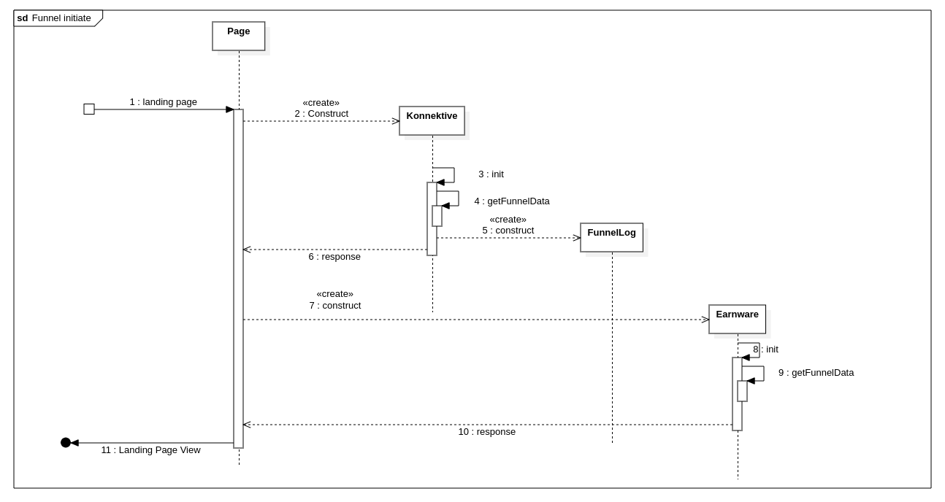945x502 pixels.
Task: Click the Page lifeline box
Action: tap(239, 36)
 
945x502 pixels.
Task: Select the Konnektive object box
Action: tap(432, 120)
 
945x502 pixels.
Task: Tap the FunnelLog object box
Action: tap(611, 237)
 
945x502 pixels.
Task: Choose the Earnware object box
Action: tap(737, 319)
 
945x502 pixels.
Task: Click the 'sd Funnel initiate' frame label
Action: tap(55, 18)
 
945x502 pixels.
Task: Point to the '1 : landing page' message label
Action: tap(163, 102)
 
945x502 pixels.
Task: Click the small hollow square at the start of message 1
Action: tap(89, 109)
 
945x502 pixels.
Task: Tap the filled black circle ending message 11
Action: tap(66, 443)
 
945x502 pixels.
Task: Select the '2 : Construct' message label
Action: tap(321, 114)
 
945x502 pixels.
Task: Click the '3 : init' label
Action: tap(491, 174)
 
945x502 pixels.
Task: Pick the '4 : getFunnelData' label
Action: tap(511, 201)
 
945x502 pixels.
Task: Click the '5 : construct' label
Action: tap(508, 231)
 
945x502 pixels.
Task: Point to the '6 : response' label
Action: tap(334, 257)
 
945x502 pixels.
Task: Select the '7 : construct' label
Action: tap(334, 306)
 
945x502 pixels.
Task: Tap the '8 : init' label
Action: tap(765, 350)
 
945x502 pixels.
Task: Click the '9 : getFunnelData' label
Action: tap(816, 373)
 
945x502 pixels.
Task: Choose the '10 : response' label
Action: tap(486, 432)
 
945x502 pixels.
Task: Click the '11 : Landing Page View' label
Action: tap(150, 450)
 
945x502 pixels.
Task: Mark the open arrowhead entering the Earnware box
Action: tap(705, 320)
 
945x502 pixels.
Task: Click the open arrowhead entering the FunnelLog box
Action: tap(576, 238)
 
